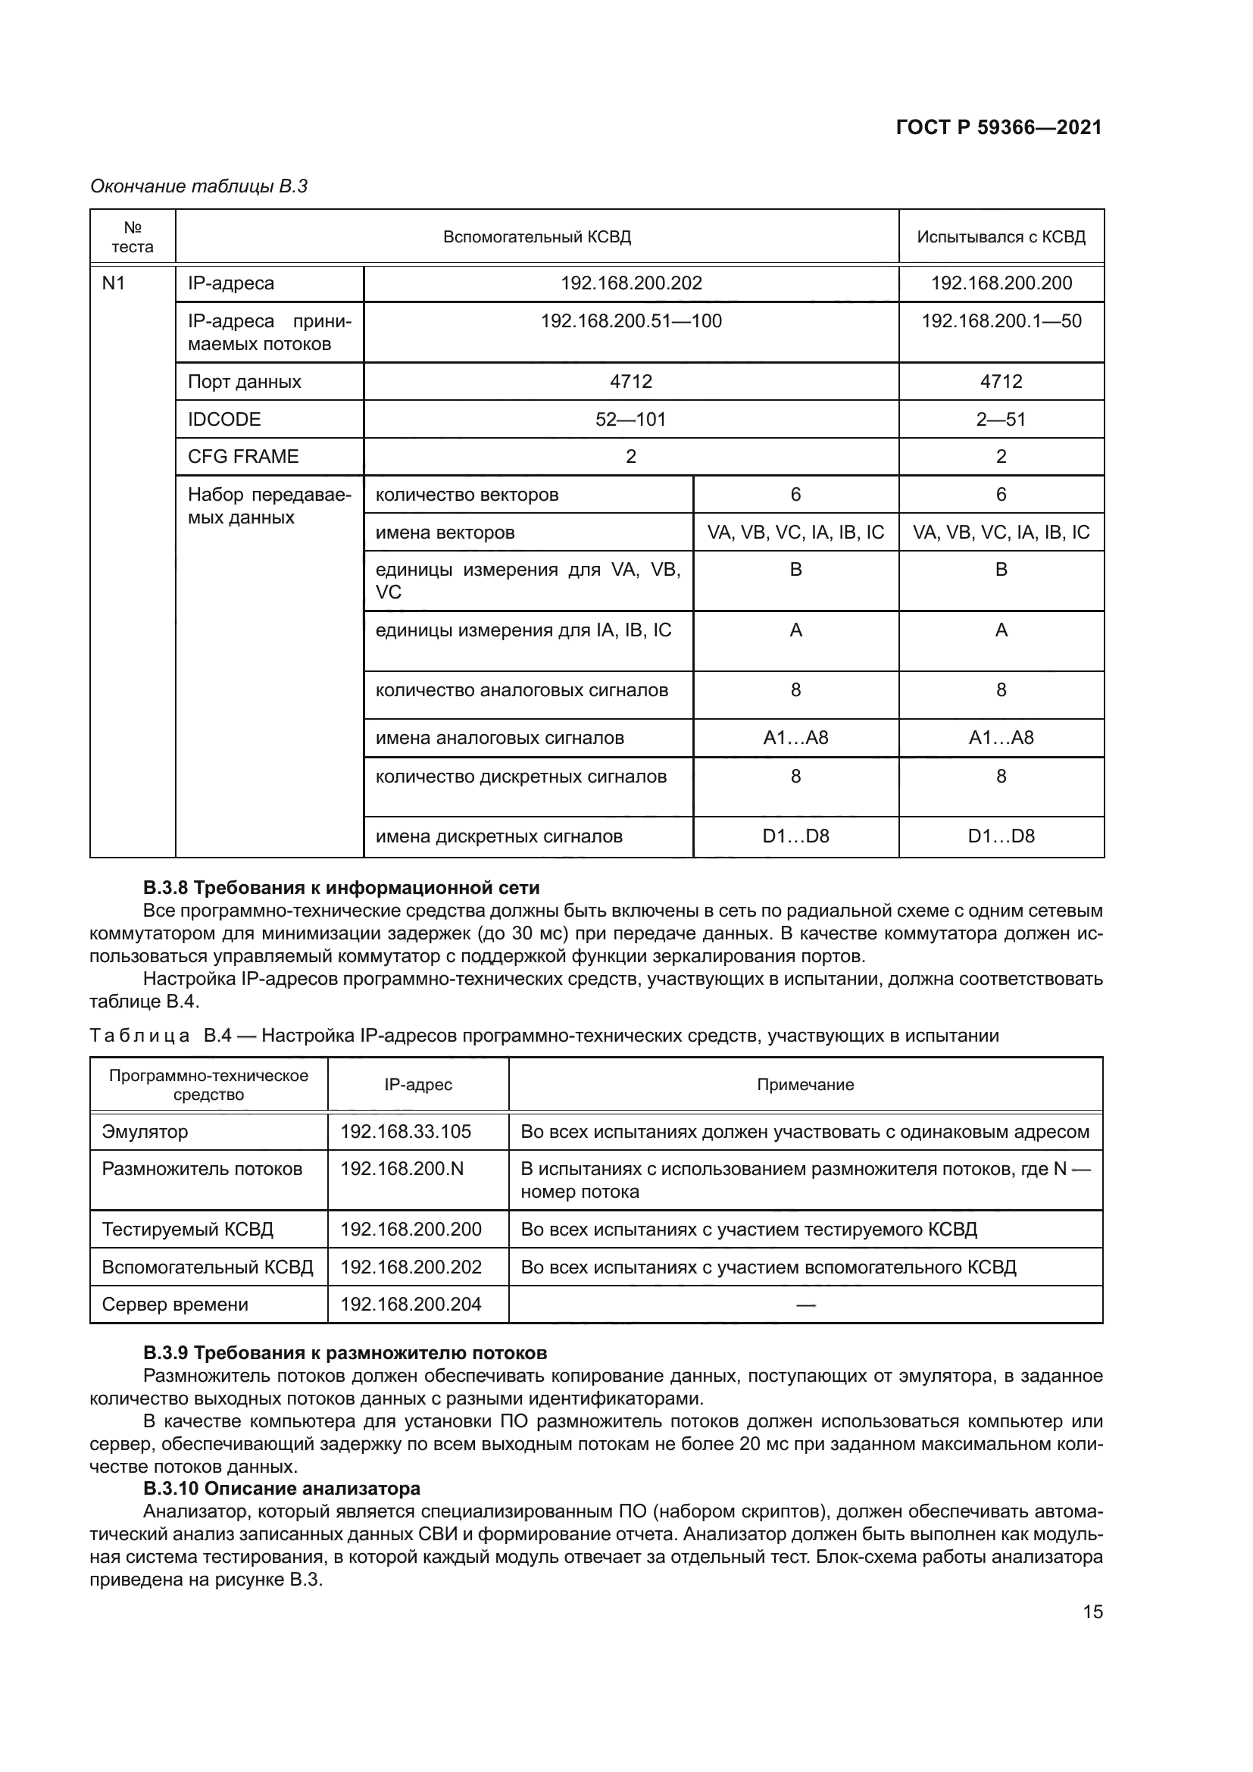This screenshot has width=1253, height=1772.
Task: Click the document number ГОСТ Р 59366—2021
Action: (998, 128)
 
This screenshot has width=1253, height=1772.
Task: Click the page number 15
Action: (1092, 1611)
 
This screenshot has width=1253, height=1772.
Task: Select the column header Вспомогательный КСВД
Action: (537, 237)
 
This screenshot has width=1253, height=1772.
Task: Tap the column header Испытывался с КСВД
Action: (1001, 237)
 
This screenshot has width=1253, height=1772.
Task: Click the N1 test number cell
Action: (114, 283)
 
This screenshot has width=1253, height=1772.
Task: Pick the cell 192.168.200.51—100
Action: (631, 321)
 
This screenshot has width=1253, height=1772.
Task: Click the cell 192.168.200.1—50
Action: (1001, 321)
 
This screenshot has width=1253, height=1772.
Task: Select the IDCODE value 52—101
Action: (631, 419)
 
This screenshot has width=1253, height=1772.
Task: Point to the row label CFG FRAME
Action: (243, 456)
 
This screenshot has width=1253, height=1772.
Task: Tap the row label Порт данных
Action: (245, 382)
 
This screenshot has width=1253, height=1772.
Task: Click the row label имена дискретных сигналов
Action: (498, 836)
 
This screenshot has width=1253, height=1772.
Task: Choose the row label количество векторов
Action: (467, 495)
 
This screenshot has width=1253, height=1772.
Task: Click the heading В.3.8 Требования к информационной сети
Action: (341, 888)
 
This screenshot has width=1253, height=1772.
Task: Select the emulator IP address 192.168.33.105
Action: (406, 1132)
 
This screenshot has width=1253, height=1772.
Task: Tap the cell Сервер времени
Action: (175, 1305)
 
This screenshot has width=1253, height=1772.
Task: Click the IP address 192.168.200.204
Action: (411, 1305)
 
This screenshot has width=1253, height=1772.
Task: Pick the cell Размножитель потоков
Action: (202, 1169)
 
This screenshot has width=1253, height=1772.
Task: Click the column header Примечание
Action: (805, 1085)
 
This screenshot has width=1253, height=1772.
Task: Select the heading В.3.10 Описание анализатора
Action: (282, 1489)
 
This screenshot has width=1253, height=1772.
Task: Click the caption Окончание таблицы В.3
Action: (199, 186)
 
